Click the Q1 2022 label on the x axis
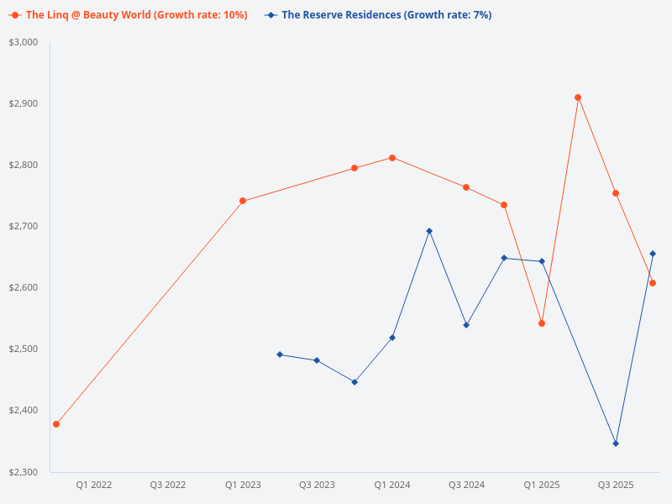coord(94,485)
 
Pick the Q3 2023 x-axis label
coord(317,485)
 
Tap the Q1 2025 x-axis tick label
coord(542,485)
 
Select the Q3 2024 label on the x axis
coord(466,485)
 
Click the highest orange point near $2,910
coord(578,97)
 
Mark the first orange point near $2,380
coord(56,424)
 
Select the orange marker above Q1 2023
coord(243,201)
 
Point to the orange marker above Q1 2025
coord(542,323)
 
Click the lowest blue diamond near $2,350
coord(616,444)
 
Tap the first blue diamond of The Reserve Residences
coord(280,354)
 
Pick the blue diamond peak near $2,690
coord(429,231)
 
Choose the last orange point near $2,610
coord(653,283)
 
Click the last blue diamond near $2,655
coord(653,254)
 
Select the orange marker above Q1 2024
coord(392,158)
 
